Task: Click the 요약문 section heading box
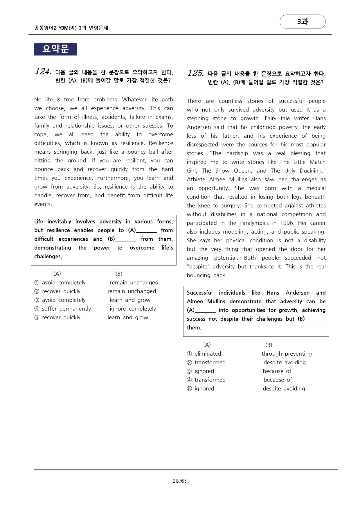point(55,49)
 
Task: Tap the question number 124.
point(43,71)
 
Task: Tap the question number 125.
point(195,73)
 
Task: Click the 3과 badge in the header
point(303,21)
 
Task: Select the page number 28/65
point(180,481)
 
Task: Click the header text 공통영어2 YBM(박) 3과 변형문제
point(71,28)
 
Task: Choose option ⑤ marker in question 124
point(37,318)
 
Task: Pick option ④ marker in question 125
point(189,380)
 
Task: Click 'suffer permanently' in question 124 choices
point(66,309)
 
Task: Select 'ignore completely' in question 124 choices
point(133,309)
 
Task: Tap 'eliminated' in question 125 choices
point(208,354)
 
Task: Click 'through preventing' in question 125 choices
point(287,354)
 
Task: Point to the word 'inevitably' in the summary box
point(59,221)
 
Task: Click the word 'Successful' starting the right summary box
point(199,293)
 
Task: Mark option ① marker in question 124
point(37,283)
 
